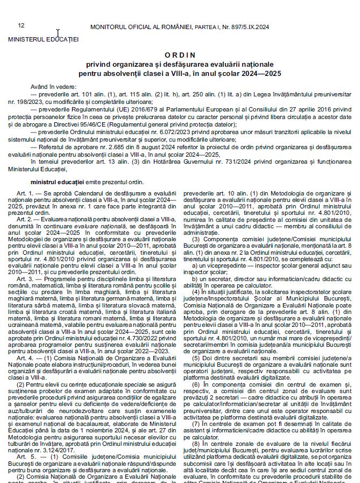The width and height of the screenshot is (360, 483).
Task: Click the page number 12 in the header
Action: tap(21, 25)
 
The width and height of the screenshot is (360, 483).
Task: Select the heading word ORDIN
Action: tap(180, 55)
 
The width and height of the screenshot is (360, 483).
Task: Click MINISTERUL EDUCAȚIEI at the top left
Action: tap(43, 39)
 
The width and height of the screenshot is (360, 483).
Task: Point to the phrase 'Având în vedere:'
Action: tap(53, 86)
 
